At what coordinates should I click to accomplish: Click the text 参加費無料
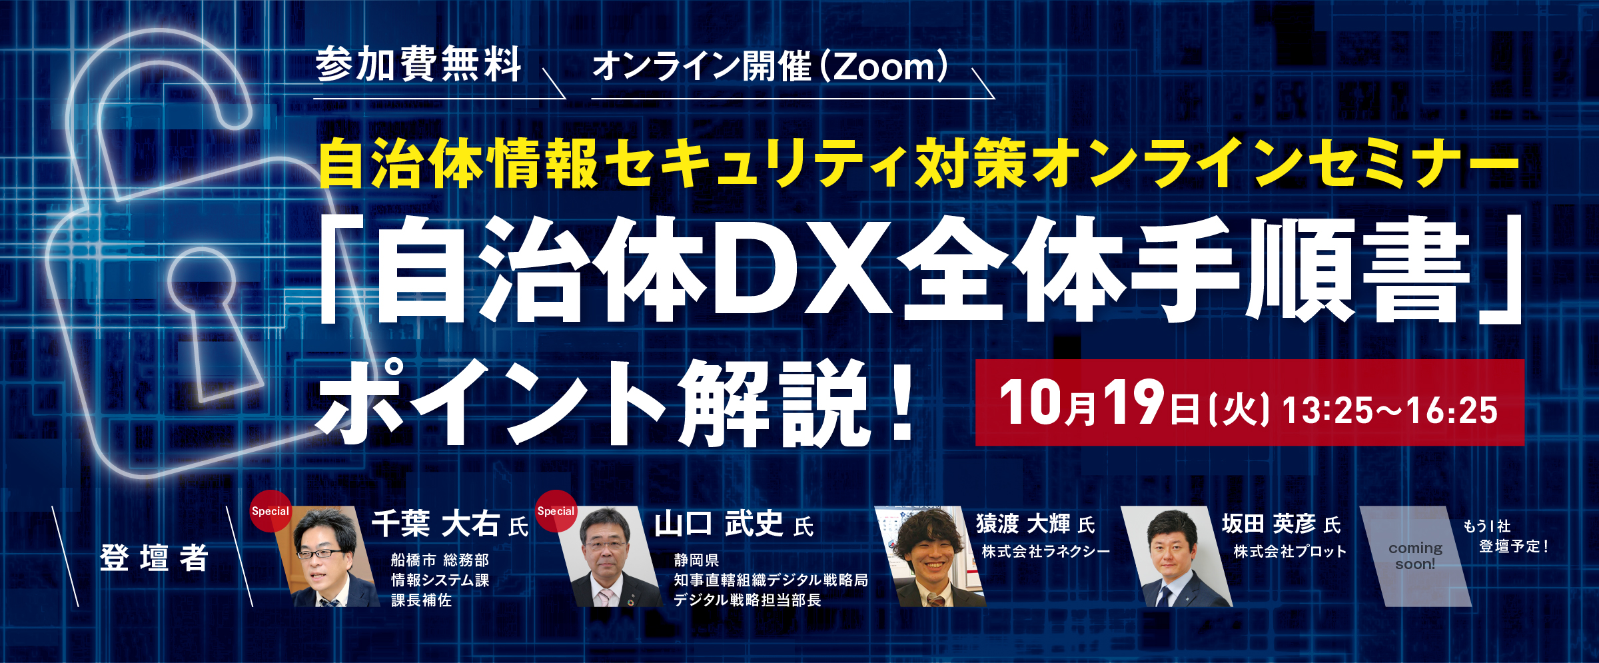tap(418, 64)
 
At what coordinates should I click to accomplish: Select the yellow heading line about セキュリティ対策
tap(919, 163)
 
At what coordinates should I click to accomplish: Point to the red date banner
tap(1249, 402)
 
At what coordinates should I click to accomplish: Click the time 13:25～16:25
tap(1390, 410)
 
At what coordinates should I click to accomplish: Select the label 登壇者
tap(154, 558)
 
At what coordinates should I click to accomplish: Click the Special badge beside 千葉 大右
tap(270, 511)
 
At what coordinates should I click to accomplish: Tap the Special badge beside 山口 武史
tap(556, 511)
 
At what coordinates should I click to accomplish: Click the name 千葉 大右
tap(436, 524)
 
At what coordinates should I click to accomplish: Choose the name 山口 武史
tap(718, 524)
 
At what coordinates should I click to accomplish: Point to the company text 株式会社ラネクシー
tap(1046, 552)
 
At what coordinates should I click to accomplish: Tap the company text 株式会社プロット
tap(1290, 552)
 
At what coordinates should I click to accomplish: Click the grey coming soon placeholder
tap(1415, 556)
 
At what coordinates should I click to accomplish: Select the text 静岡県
tap(696, 560)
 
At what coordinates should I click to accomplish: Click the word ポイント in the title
tap(493, 403)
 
